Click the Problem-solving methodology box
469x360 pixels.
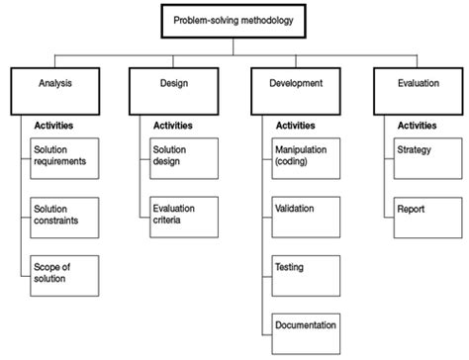coord(234,21)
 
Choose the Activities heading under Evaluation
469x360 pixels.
coord(418,127)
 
